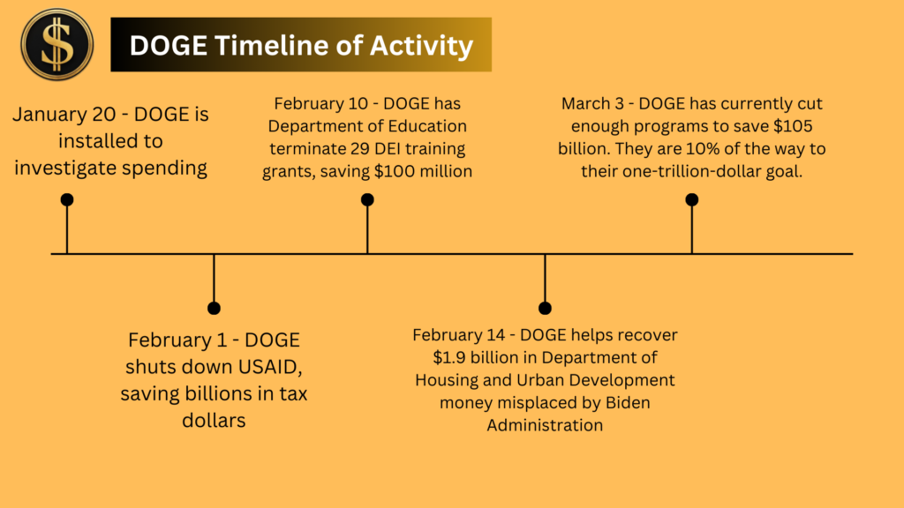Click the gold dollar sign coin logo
(56, 44)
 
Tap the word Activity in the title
(421, 47)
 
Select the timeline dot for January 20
(67, 200)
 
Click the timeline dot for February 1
(214, 308)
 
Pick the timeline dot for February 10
(367, 200)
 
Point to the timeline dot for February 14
(545, 308)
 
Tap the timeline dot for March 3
(692, 200)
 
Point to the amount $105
(793, 126)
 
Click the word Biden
(628, 402)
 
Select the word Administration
(545, 425)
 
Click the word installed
(110, 141)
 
